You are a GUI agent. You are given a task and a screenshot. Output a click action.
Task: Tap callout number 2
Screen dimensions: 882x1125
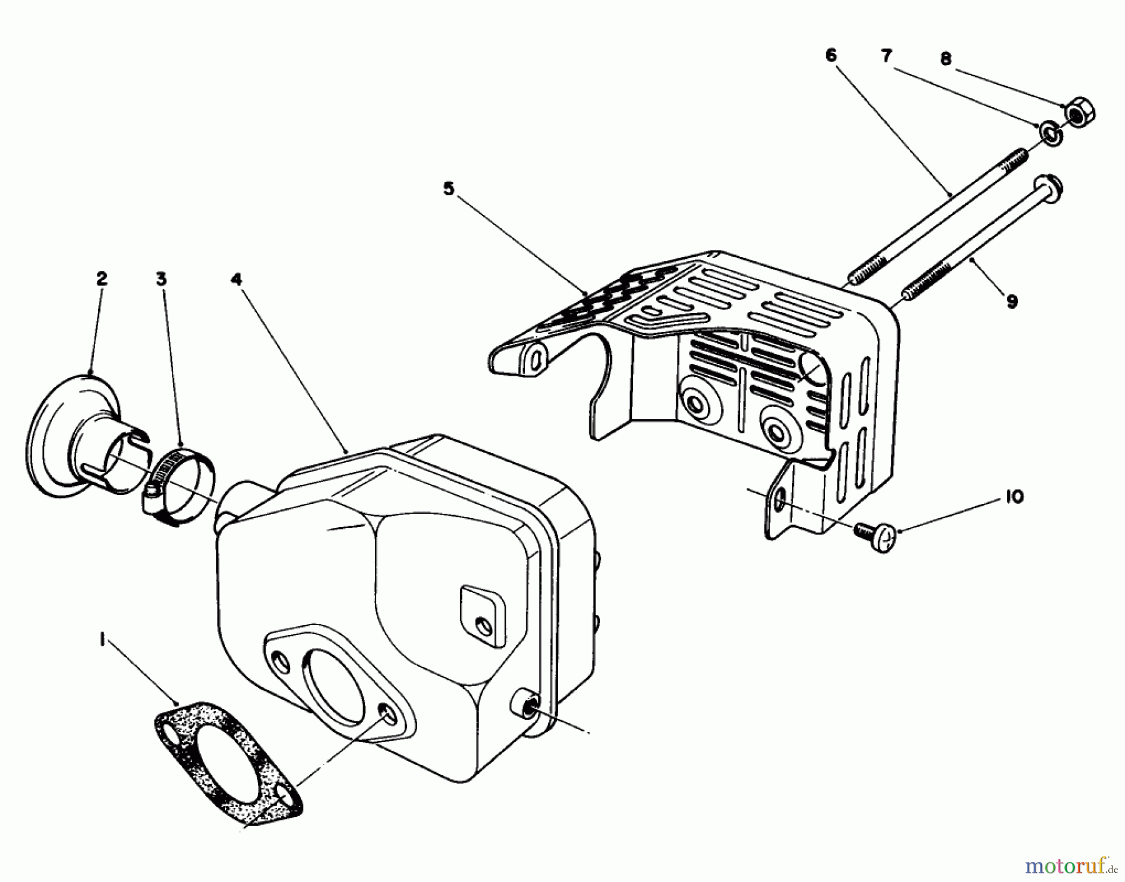click(x=101, y=279)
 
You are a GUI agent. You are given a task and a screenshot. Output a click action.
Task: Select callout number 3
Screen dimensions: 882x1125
click(x=161, y=279)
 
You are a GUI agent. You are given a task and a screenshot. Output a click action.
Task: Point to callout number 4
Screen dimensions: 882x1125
click(x=236, y=279)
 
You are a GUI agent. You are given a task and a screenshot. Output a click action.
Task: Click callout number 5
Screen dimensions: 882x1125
click(x=449, y=189)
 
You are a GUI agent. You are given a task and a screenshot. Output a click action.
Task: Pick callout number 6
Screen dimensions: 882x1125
click(x=830, y=56)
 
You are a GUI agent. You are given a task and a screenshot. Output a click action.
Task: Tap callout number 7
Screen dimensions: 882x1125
click(x=886, y=56)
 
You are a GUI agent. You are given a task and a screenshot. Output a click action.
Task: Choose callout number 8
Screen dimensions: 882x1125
click(x=946, y=59)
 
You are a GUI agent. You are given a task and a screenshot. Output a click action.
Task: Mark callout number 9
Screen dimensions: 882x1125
click(x=1011, y=301)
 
